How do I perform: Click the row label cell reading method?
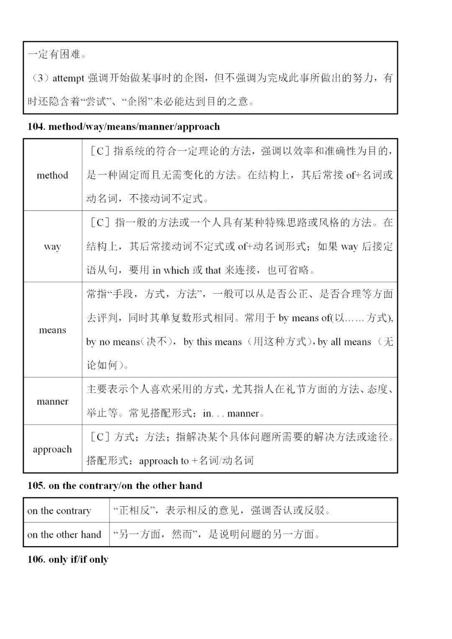[x=52, y=175]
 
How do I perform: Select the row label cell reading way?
[x=52, y=246]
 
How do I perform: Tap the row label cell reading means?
[x=52, y=330]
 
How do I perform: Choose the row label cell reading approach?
[x=52, y=449]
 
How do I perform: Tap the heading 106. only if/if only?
[x=68, y=560]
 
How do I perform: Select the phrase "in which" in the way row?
[x=171, y=270]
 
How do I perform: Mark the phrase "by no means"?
[x=113, y=342]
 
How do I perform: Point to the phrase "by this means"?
[x=213, y=342]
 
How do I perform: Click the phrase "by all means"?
[x=344, y=342]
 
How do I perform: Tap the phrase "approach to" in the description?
[x=164, y=461]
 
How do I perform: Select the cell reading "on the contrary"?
[x=59, y=511]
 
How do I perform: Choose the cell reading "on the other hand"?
[x=64, y=535]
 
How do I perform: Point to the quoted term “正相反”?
[x=136, y=511]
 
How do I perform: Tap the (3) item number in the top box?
[x=41, y=78]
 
